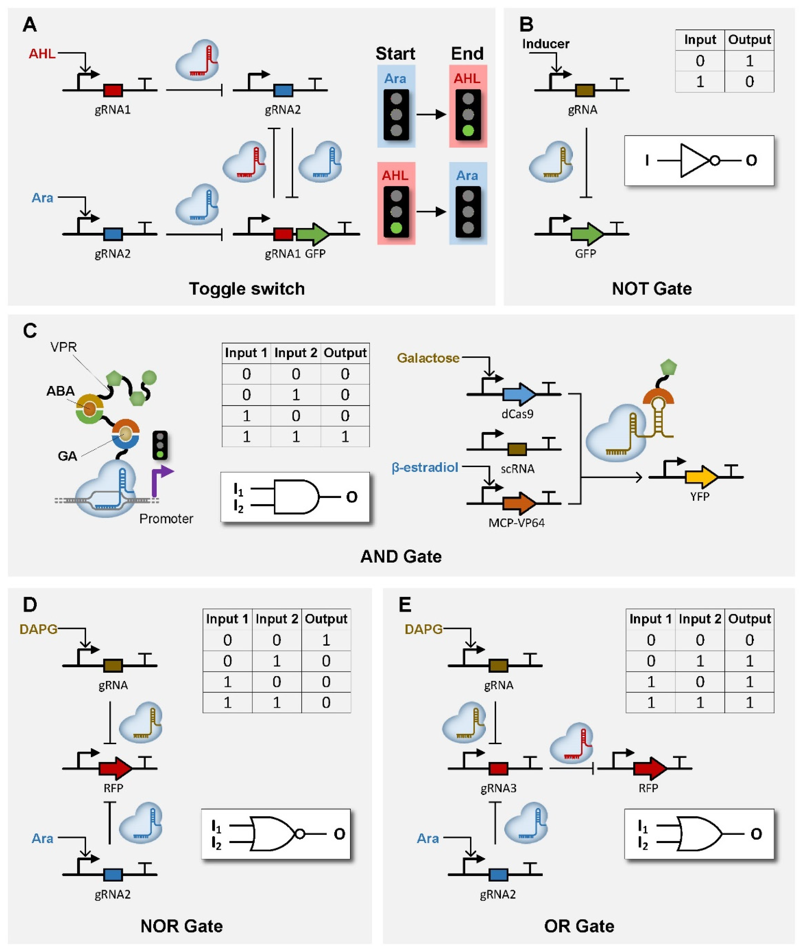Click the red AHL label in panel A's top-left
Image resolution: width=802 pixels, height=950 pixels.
click(x=42, y=54)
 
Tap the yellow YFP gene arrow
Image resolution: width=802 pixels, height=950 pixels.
click(x=701, y=477)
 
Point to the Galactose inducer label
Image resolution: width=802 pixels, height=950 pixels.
click(x=428, y=358)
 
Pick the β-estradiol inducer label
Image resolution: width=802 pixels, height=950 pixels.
click(x=425, y=467)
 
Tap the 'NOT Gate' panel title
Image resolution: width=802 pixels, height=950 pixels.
click(x=652, y=288)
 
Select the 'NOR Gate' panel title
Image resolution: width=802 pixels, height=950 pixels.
click(x=181, y=926)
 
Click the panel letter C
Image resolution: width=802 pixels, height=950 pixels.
click(x=30, y=331)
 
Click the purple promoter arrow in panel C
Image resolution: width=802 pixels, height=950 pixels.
click(x=160, y=481)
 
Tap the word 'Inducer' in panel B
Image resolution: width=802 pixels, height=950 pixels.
click(x=545, y=44)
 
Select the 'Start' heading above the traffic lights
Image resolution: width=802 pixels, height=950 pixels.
click(x=395, y=54)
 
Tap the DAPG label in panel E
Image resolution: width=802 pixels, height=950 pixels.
click(x=423, y=629)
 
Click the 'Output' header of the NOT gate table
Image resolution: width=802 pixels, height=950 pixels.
click(x=749, y=40)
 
